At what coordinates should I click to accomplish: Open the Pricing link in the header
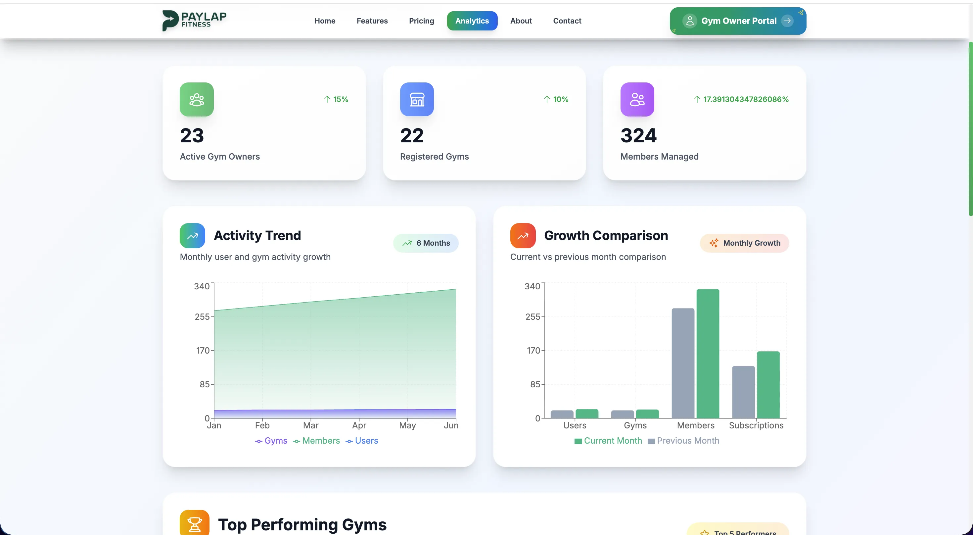[x=421, y=21]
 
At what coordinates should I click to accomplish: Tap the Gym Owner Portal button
[x=738, y=21]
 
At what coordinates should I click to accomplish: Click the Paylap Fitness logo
[x=194, y=21]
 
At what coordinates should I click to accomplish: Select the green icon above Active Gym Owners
[x=196, y=99]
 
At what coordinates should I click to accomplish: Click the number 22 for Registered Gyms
[x=412, y=136]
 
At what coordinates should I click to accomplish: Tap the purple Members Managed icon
[x=637, y=99]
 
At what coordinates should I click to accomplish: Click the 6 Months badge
[x=426, y=243]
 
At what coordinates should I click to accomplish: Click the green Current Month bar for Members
[x=708, y=353]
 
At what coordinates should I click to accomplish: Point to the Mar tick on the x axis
[x=310, y=425]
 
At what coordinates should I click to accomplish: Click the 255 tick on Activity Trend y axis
[x=202, y=316]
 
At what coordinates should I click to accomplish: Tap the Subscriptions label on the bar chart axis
[x=756, y=425]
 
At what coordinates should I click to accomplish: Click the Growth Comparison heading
[x=606, y=235]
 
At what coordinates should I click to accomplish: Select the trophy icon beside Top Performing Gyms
[x=194, y=524]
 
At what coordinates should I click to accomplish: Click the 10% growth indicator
[x=556, y=99]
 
